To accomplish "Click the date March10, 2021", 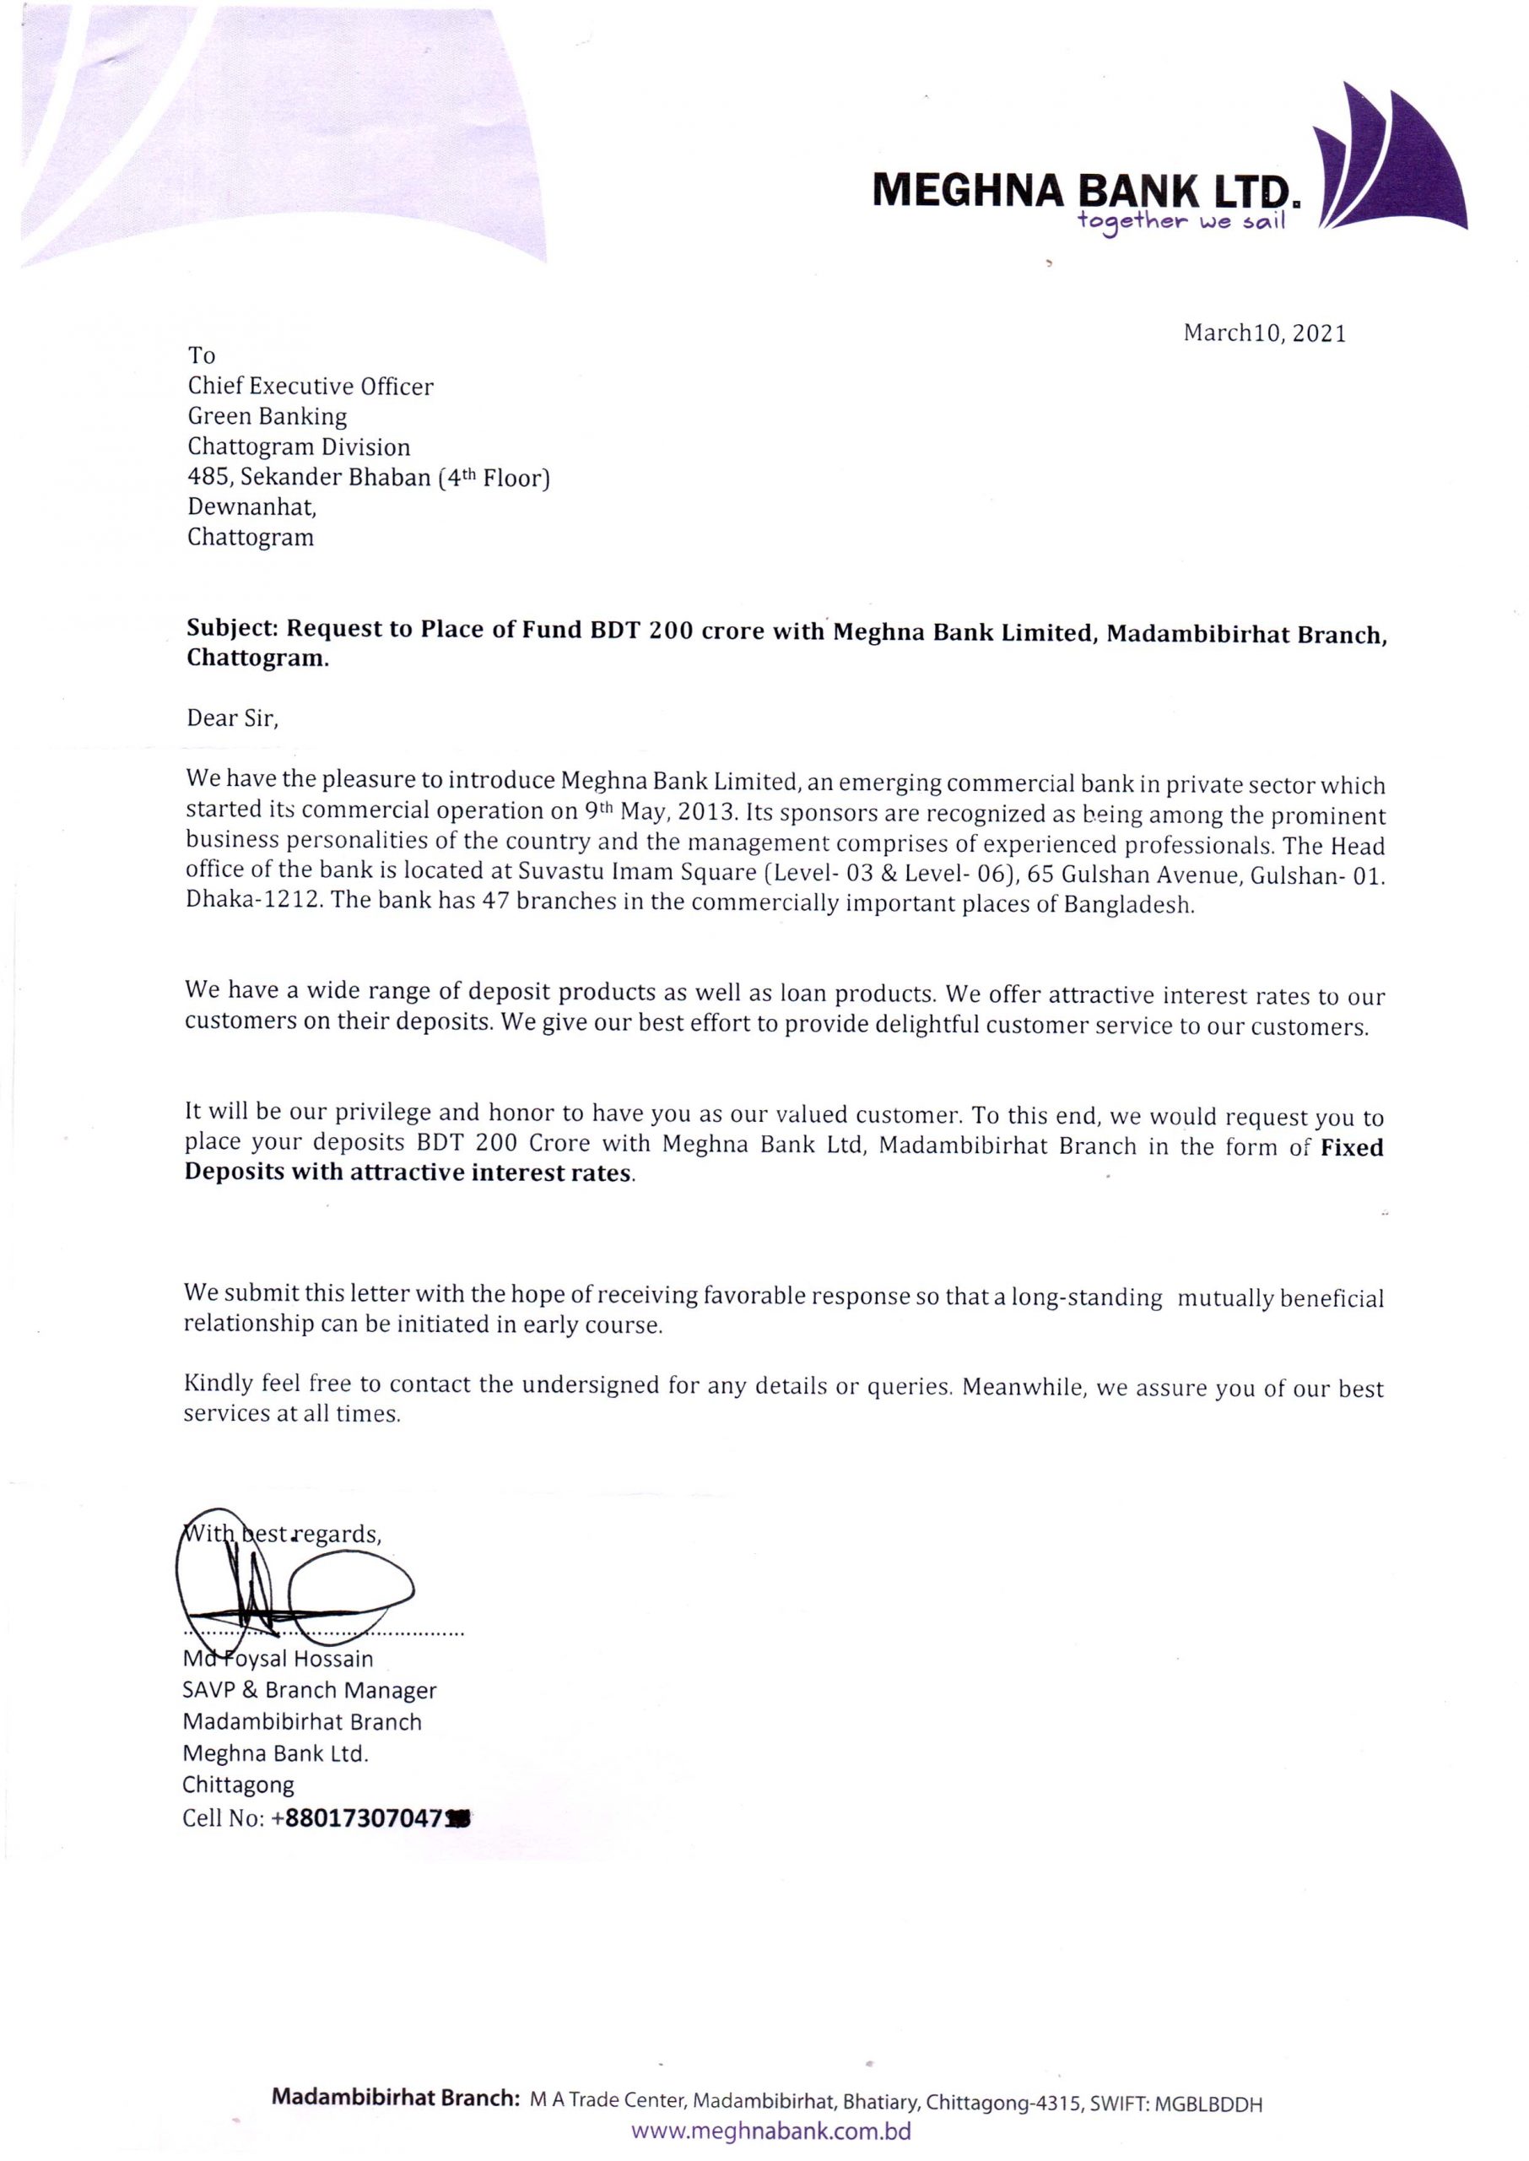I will click(1264, 333).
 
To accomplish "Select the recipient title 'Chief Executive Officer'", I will click(311, 386).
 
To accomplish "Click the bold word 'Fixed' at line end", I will click(1352, 1147).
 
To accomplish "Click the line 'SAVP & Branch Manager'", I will click(310, 1690).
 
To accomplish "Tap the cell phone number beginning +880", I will click(369, 1817).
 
